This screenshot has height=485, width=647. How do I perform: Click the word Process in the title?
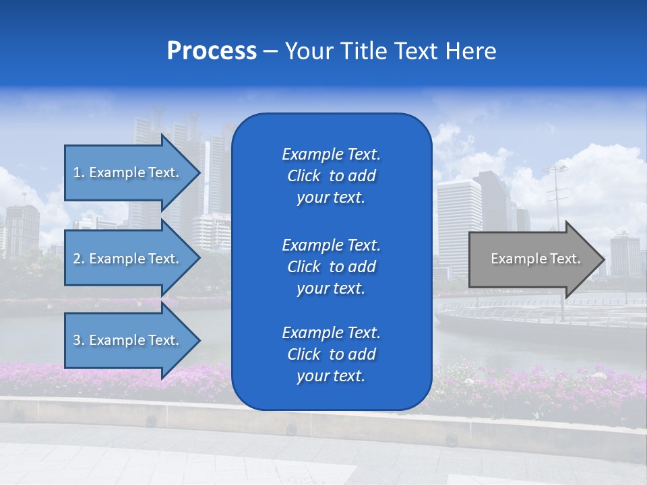click(212, 51)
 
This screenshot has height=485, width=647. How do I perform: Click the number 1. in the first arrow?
click(79, 172)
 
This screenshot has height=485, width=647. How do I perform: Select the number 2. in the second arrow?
click(79, 259)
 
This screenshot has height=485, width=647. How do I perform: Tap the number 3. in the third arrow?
click(79, 340)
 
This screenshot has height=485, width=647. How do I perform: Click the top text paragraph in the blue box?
click(331, 176)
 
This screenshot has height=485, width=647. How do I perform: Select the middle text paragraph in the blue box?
click(331, 267)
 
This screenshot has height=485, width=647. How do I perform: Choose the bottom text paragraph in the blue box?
click(331, 354)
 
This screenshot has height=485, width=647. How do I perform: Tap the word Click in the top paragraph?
click(303, 176)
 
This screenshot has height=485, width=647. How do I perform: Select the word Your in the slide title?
click(309, 51)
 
